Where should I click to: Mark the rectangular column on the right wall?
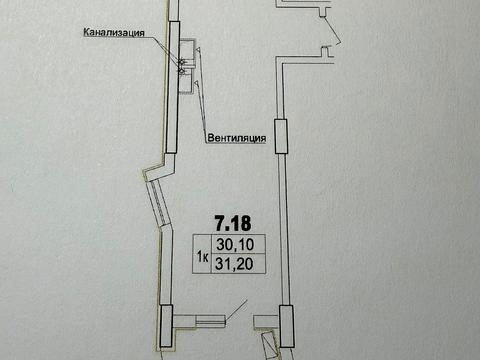point(282,134)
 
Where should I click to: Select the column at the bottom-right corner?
point(284,324)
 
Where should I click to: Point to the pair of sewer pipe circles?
point(182,66)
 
